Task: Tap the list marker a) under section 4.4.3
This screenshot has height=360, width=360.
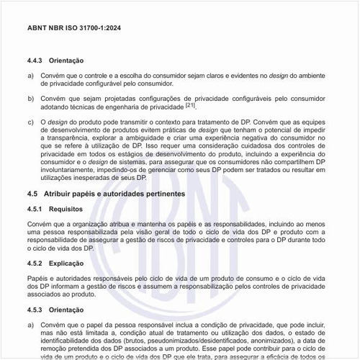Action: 30,75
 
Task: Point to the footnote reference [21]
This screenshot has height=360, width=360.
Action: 190,104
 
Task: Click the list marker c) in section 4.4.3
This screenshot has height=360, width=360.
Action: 30,122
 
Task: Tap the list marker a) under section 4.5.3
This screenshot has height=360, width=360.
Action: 30,324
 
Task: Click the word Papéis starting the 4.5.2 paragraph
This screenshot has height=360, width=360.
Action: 38,277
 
